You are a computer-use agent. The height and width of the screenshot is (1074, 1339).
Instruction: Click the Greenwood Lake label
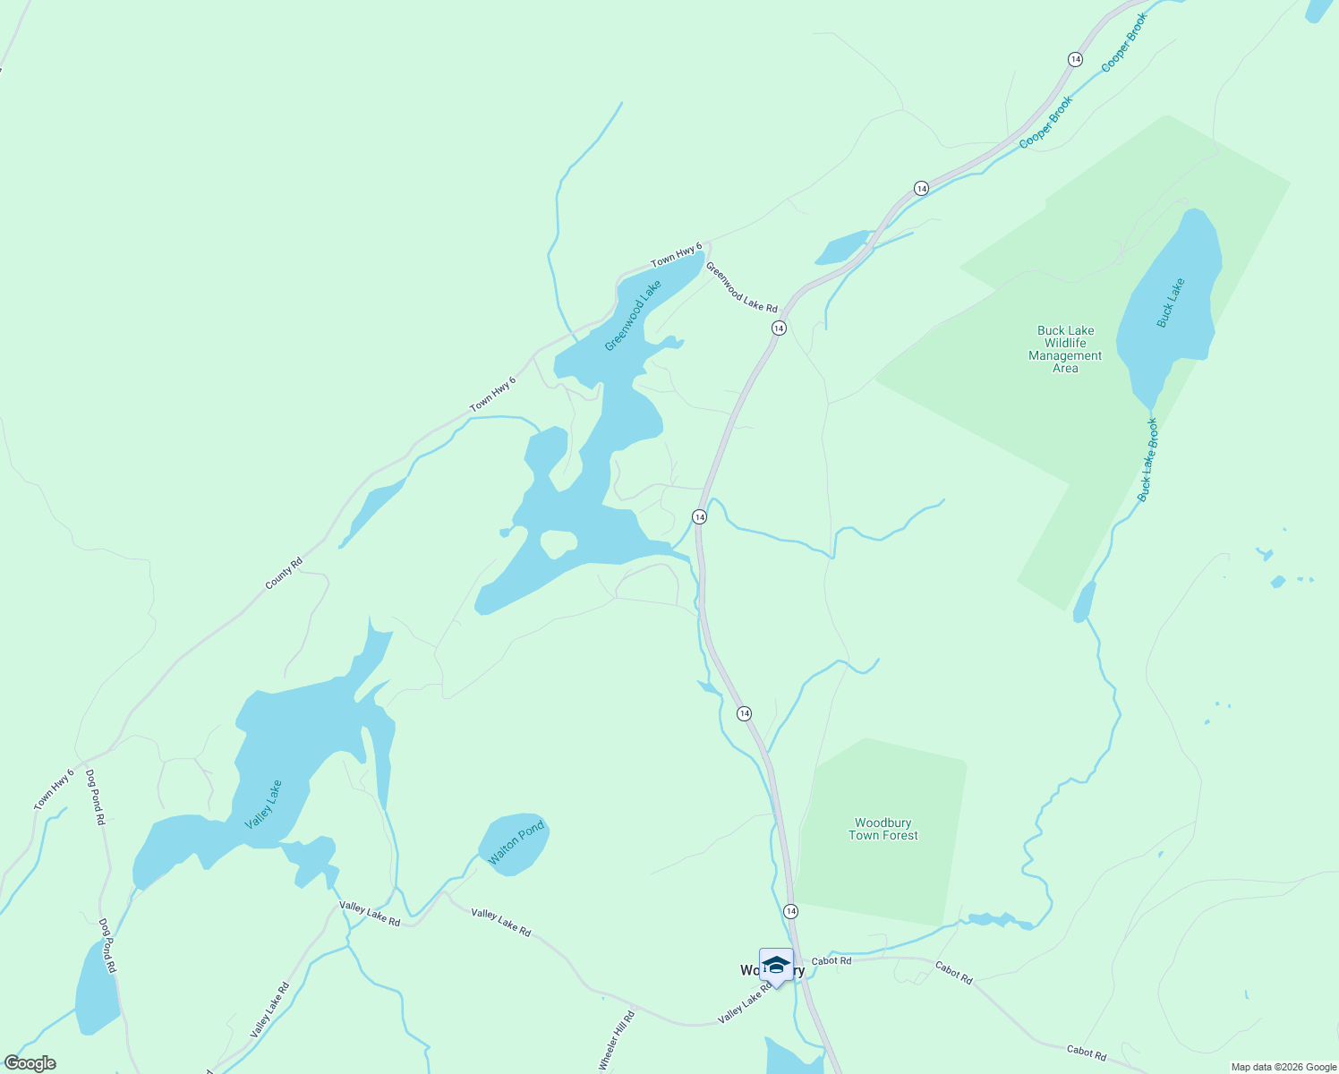pos(633,315)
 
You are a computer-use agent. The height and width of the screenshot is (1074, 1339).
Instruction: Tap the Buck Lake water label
pos(1170,303)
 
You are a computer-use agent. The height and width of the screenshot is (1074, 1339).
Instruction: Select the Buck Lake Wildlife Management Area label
pos(1065,349)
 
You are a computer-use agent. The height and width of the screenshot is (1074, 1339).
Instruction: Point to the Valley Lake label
pos(263,805)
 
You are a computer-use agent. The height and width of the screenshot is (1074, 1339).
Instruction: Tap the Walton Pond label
pos(516,843)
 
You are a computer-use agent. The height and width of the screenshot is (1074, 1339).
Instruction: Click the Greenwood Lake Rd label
pos(741,286)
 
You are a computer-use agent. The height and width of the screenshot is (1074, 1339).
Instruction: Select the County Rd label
pos(284,573)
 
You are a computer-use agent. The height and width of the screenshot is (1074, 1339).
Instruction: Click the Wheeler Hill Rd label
pos(617,1041)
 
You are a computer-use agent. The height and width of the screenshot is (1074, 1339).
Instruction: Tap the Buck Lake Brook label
pos(1148,459)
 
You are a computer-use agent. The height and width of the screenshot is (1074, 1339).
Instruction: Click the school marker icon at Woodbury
pos(776,966)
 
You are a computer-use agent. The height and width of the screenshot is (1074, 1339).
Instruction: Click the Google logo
pos(30,1063)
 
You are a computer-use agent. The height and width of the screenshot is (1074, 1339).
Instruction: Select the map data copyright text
pos(1283,1067)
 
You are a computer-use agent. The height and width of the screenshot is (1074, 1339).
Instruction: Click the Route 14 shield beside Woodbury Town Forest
pos(790,910)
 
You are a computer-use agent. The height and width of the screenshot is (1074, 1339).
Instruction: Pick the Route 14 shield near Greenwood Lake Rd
pos(779,328)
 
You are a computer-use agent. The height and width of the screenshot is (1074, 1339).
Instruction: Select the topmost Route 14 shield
pos(1075,59)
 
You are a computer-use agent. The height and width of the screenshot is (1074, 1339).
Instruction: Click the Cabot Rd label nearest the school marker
pos(832,960)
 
